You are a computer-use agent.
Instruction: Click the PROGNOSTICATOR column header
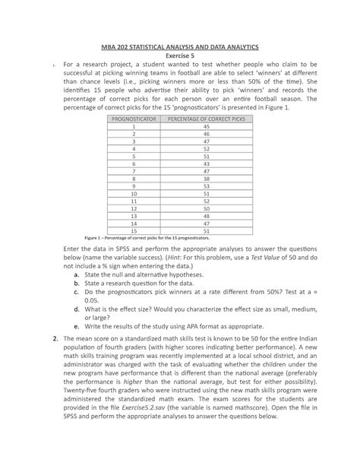pyautogui.click(x=133, y=120)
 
